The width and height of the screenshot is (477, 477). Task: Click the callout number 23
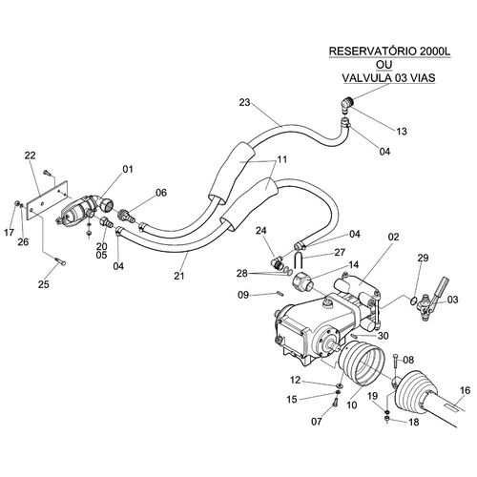245,102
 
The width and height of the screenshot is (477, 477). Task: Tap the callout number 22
31,156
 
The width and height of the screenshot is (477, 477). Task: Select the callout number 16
465,390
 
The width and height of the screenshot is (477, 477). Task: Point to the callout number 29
423,258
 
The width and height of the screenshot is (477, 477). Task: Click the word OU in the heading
384,65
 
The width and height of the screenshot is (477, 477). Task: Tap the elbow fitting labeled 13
347,105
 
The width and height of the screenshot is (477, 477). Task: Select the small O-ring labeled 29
414,301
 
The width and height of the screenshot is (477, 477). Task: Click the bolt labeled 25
60,261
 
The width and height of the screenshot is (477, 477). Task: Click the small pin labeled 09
280,293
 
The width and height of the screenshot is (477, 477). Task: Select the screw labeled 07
335,404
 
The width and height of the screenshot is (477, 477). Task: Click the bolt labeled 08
395,361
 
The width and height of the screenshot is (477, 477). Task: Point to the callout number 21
179,276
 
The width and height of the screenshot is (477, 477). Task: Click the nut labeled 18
387,419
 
